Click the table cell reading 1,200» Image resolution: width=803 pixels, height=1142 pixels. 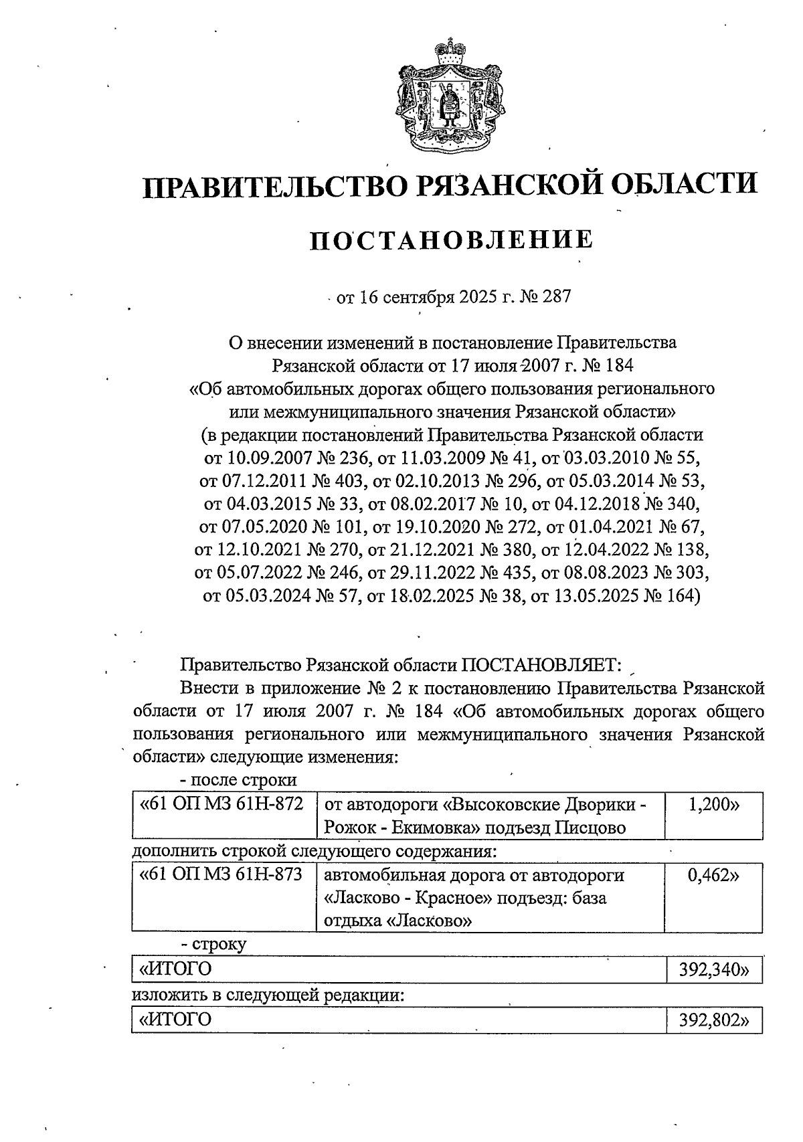713,804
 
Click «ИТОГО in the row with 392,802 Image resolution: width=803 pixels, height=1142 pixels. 175,1020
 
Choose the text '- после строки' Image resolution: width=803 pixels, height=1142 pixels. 239,780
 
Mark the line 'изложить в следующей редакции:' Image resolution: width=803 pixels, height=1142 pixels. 268,995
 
